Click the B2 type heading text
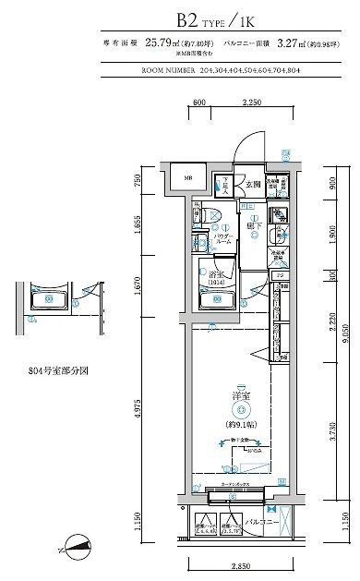tap(180, 17)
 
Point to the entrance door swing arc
tap(242, 151)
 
